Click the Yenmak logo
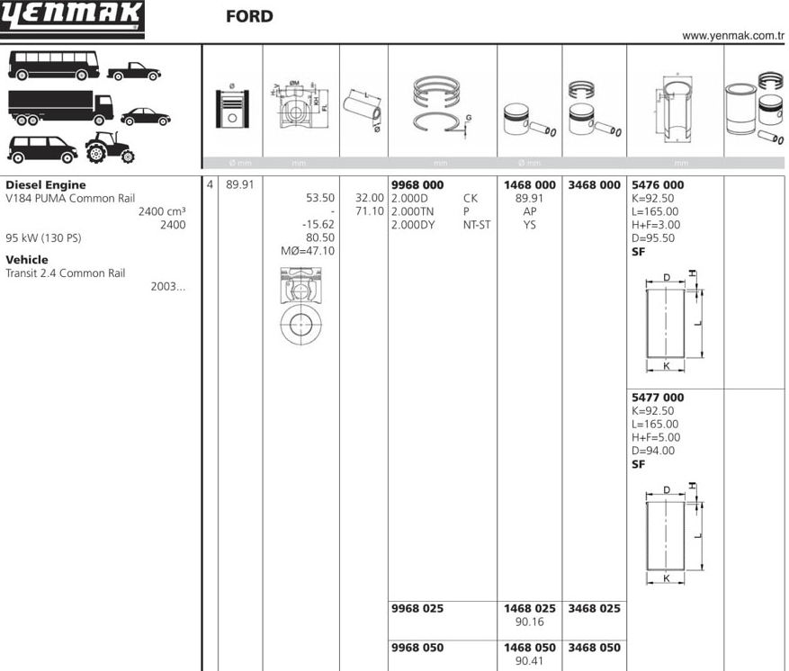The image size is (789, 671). click(72, 19)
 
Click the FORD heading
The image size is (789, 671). click(249, 16)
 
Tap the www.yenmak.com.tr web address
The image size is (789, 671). click(733, 36)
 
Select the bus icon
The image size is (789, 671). click(54, 66)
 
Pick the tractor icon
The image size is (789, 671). click(110, 148)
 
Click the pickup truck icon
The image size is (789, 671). click(134, 71)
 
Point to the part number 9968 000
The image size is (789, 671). click(417, 185)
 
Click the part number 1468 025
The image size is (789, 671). click(530, 609)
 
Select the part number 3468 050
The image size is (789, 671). click(595, 648)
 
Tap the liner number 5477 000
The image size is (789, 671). click(658, 398)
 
